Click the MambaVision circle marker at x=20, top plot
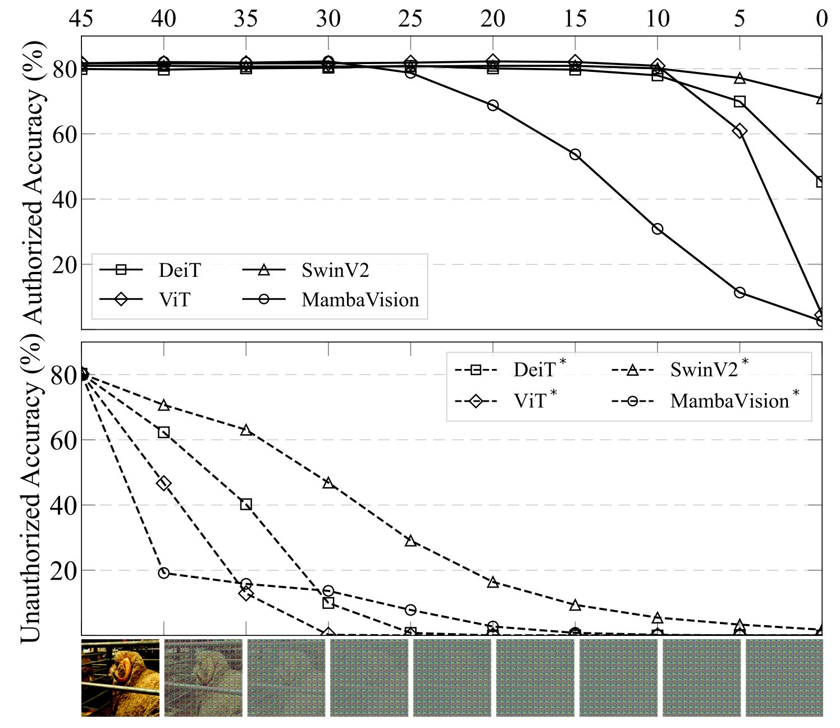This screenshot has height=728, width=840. pos(492,106)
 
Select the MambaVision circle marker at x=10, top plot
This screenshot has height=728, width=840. pos(658,229)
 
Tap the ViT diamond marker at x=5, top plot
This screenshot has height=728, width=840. pos(739,131)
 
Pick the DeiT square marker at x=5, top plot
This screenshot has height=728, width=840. pos(739,102)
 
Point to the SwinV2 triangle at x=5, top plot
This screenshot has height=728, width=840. pos(739,78)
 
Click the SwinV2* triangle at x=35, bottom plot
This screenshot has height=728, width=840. pos(246,430)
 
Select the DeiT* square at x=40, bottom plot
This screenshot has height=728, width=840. pos(164,433)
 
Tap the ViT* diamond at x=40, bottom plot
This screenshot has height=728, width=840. pos(164,484)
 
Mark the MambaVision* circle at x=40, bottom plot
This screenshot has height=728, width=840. pos(164,573)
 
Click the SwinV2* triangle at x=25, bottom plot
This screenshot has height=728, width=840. pos(410,540)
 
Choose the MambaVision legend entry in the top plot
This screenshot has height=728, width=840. pos(360,300)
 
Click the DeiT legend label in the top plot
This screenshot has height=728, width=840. pos(179,271)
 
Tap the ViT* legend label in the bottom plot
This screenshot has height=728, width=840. pos(530,401)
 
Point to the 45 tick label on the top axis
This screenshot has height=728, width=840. pos(81,19)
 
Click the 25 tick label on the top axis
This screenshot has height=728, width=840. pos(410,19)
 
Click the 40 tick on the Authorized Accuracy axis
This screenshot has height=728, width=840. pos(65,199)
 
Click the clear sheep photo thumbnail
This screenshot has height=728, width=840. pos(120,677)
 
